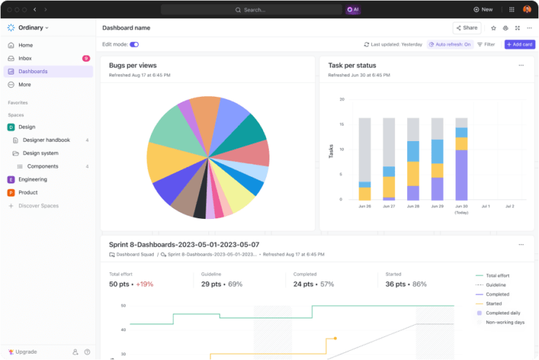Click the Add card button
519,44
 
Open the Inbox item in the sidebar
25,58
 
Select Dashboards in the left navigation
33,72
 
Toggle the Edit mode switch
134,44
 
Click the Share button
467,28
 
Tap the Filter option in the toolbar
486,44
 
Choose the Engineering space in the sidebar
32,180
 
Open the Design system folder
41,153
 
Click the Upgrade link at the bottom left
26,352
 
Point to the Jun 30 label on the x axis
461,206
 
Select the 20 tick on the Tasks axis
342,100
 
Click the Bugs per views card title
133,65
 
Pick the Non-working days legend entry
505,322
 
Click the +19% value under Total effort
145,284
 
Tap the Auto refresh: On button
449,44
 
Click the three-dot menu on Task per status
521,65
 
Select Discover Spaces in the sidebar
38,206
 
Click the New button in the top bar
483,10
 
